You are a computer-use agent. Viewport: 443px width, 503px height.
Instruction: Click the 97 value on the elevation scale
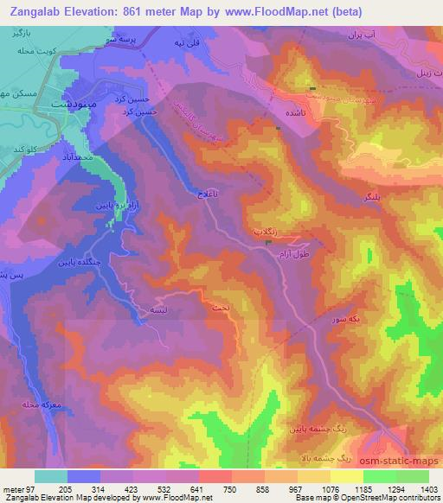[x=30, y=488]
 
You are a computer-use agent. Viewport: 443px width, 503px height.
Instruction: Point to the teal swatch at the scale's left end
[x=50, y=476]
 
